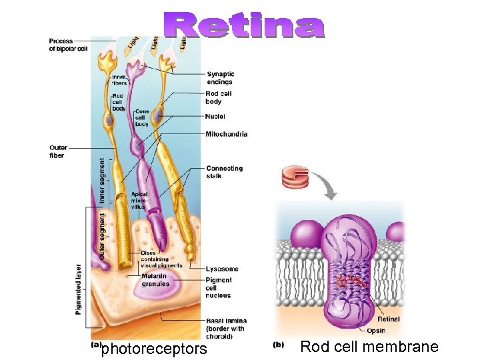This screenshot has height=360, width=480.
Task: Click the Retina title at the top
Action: (x=245, y=26)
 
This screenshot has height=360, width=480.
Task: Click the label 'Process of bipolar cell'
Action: (x=68, y=45)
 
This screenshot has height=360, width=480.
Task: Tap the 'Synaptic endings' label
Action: (x=220, y=78)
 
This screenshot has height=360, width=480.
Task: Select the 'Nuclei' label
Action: (x=215, y=117)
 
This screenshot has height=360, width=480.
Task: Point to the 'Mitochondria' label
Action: (x=227, y=134)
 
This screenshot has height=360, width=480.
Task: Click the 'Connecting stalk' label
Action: (x=225, y=173)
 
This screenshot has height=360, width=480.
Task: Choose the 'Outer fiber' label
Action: (x=57, y=151)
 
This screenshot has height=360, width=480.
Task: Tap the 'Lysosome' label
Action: (x=222, y=269)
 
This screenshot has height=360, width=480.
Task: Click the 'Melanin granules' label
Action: (x=155, y=280)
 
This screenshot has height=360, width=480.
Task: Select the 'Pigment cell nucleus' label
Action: (x=219, y=288)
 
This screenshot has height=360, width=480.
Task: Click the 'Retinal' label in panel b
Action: (x=389, y=319)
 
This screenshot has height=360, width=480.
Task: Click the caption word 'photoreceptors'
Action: (x=154, y=349)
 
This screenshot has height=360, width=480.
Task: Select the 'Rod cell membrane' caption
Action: (x=369, y=347)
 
